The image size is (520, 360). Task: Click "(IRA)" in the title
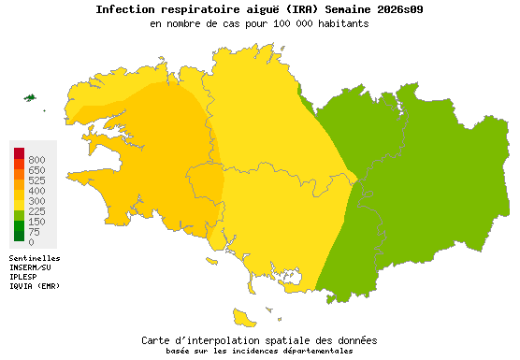(x=264, y=9)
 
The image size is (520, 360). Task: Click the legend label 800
(x=36, y=160)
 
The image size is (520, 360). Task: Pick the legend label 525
(x=36, y=180)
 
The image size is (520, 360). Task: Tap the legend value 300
(x=36, y=201)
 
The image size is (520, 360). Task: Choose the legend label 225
(x=36, y=211)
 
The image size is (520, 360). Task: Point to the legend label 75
(x=34, y=232)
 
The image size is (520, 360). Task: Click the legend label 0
(x=31, y=242)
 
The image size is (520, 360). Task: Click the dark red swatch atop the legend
(x=19, y=152)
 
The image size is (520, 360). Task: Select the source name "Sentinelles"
(x=35, y=258)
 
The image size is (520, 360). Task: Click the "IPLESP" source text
(x=24, y=277)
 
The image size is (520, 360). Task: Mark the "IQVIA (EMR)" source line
(x=35, y=286)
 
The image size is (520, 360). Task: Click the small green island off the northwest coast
(x=30, y=97)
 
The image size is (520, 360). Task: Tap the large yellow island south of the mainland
(x=246, y=316)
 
